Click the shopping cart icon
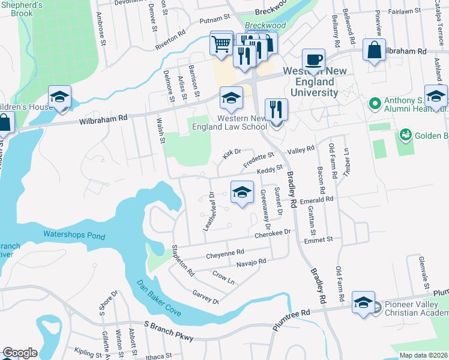[x=221, y=43]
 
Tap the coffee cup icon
[x=313, y=61]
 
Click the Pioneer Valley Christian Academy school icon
[x=363, y=303]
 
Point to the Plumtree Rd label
[x=289, y=313]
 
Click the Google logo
[x=20, y=353]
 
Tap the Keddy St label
[x=270, y=171]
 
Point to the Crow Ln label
[x=223, y=277]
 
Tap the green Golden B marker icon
[x=405, y=134]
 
